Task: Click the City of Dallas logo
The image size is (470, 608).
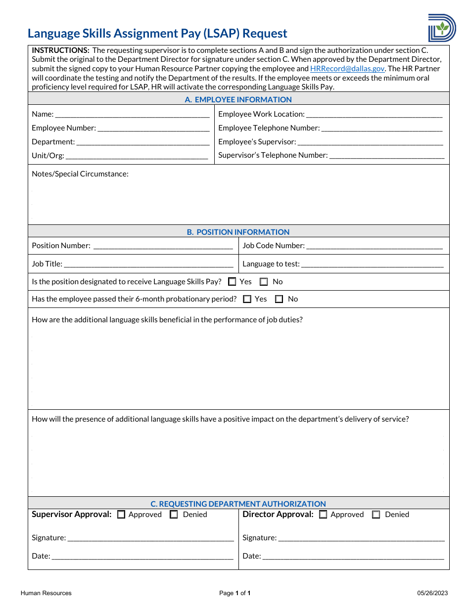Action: pos(442,28)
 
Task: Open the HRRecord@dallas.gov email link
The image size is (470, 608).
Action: pos(347,69)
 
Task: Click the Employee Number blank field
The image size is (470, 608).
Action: pos(153,129)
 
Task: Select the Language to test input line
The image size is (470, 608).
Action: pos(372,264)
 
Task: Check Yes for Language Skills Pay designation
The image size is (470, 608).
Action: pos(232,282)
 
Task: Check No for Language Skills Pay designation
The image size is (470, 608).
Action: pos(264,282)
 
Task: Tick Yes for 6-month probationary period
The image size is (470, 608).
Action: pos(247,299)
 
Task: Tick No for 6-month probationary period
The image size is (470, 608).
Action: pos(279,299)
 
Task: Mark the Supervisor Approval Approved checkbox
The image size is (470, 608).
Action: pos(121,515)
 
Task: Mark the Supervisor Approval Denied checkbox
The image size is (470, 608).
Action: pos(174,515)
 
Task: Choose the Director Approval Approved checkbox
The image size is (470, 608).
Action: pos(323,515)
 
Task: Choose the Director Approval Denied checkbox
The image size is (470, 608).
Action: pos(376,515)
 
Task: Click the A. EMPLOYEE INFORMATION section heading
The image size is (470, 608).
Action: pos(238,99)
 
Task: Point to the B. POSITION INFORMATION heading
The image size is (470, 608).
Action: pos(238,232)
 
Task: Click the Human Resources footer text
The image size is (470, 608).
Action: pos(46,593)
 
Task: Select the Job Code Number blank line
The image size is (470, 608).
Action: pos(375,246)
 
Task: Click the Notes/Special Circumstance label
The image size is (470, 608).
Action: pos(80,174)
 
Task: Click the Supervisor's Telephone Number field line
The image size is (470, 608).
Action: pos(387,156)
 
